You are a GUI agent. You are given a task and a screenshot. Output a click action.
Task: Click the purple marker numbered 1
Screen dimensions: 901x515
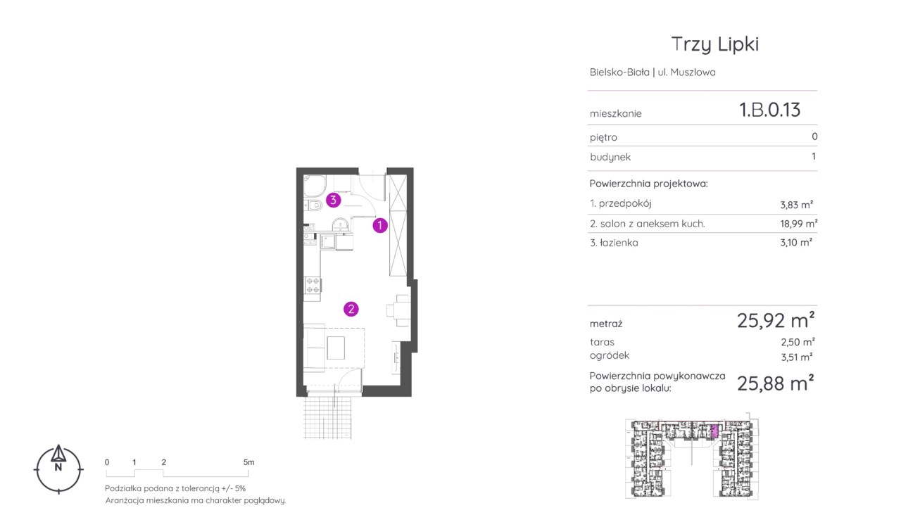(x=379, y=226)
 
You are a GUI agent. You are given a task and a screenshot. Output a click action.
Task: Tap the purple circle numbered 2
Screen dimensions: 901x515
(x=351, y=309)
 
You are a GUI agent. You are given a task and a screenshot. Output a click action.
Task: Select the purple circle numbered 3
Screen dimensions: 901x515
(x=333, y=200)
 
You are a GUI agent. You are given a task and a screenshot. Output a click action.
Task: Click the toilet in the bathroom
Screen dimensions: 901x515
(x=313, y=206)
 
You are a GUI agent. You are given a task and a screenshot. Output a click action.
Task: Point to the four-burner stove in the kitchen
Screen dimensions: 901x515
(x=313, y=285)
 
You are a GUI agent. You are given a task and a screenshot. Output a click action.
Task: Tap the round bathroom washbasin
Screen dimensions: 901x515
(x=340, y=224)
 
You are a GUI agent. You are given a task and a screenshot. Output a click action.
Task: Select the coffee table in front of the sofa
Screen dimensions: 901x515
(x=336, y=348)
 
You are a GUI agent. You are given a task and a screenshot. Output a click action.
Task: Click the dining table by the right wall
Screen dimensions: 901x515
(x=402, y=310)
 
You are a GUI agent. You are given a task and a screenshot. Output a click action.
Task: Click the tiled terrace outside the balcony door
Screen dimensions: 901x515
(x=328, y=417)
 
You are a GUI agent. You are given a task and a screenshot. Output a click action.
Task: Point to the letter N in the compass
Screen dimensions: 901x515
(x=58, y=467)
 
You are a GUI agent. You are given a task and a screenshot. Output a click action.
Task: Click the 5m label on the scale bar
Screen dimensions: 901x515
(x=248, y=462)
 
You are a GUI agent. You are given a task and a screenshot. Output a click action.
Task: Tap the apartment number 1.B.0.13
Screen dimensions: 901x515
(x=769, y=110)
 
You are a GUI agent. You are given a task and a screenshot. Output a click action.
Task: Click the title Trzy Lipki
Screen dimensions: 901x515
(x=714, y=44)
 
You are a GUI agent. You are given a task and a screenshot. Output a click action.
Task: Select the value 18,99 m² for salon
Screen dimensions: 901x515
(x=798, y=224)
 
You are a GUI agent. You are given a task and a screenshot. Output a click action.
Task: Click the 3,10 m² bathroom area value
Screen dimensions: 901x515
(x=796, y=243)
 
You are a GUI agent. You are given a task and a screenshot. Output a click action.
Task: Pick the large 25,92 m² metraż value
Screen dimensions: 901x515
(x=776, y=320)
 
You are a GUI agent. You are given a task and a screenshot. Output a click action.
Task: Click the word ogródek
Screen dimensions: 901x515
(x=610, y=355)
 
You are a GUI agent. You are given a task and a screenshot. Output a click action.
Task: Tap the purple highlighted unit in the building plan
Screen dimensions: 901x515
(x=714, y=431)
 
